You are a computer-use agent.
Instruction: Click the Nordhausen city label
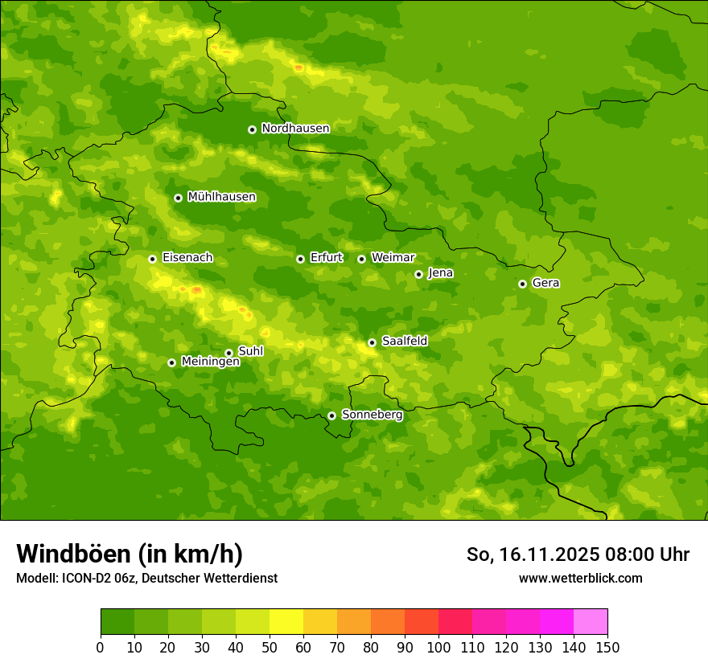[295, 129]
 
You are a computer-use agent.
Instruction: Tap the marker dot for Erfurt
[300, 259]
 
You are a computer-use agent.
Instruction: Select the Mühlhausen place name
[221, 197]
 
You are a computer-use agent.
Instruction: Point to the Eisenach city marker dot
[152, 259]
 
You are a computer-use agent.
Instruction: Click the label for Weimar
[393, 258]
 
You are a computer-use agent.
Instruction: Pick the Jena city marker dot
[418, 274]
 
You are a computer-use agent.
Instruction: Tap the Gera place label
[545, 283]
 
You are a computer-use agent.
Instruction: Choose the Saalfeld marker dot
[372, 342]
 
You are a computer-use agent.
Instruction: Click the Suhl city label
[250, 351]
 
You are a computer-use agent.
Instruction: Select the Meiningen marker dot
[171, 362]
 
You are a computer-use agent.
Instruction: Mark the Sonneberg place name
[372, 415]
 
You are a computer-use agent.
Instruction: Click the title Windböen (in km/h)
[130, 554]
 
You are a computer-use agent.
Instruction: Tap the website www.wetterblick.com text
[580, 579]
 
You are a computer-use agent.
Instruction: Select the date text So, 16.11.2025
[531, 554]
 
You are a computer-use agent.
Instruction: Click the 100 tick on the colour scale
[438, 647]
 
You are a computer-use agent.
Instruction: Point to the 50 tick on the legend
[270, 647]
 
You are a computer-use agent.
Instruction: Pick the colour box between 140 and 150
[591, 622]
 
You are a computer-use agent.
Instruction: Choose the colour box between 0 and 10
[117, 622]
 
